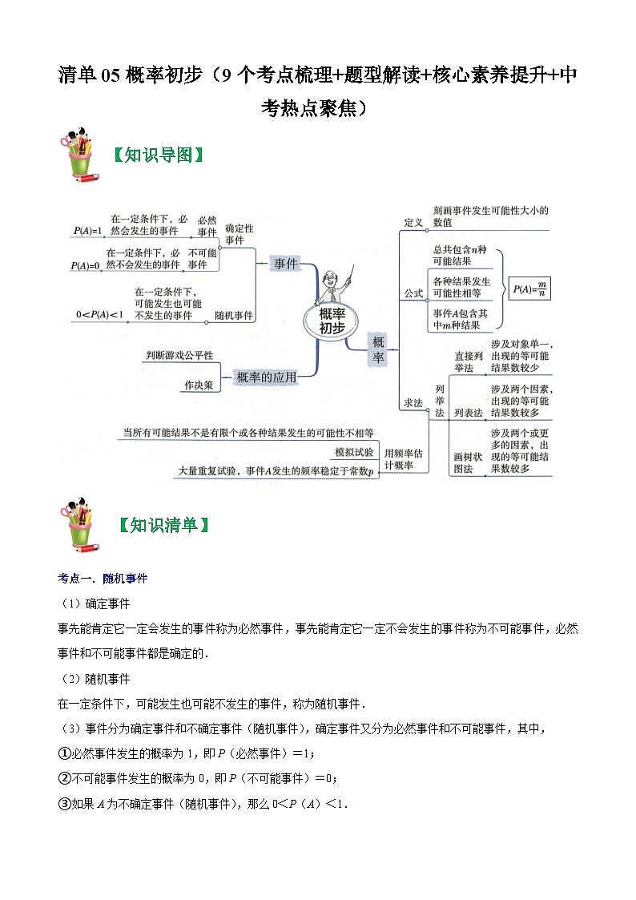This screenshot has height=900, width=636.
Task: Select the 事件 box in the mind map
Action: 285,263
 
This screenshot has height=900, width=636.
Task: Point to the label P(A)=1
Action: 88,231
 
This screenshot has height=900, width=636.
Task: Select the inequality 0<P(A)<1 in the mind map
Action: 99,314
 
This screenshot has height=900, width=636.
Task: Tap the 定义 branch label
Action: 413,222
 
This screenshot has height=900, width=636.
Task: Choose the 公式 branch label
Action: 413,293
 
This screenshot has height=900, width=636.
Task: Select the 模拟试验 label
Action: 354,451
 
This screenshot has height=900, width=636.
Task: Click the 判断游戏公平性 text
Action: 179,355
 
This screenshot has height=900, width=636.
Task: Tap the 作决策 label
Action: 199,385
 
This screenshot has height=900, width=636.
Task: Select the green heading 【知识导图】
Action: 157,155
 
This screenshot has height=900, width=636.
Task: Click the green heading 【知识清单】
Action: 163,525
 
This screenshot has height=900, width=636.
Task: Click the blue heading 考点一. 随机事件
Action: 103,578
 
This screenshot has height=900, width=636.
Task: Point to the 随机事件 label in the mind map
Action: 234,316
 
